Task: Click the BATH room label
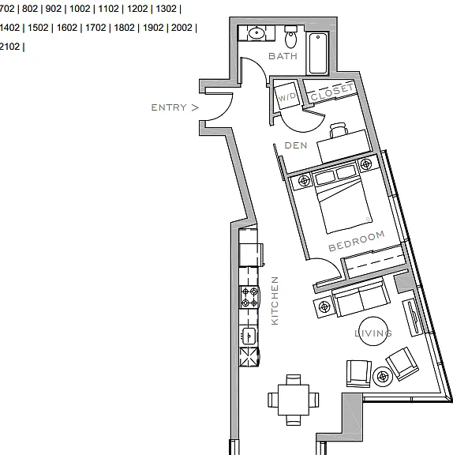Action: click(x=283, y=56)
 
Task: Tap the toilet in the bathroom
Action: click(x=291, y=36)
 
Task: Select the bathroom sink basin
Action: click(x=256, y=33)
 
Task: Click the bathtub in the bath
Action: click(x=318, y=54)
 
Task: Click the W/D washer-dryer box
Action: click(x=286, y=96)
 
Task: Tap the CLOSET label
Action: click(x=333, y=92)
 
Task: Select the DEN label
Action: click(x=296, y=145)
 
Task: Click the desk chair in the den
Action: click(x=339, y=130)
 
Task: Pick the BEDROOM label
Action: click(x=357, y=241)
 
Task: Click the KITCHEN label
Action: click(x=275, y=301)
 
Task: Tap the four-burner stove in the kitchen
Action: click(x=249, y=297)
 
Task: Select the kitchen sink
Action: click(x=249, y=336)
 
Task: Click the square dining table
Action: click(x=294, y=400)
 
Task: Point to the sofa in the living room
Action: click(x=361, y=297)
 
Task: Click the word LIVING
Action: click(x=373, y=333)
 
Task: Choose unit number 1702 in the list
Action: click(x=95, y=28)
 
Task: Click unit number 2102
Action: click(x=9, y=47)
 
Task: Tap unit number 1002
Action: click(x=80, y=9)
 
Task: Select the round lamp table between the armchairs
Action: click(x=383, y=377)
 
